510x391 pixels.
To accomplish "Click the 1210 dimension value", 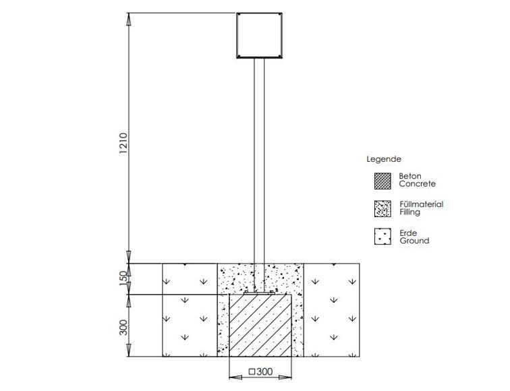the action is pyautogui.click(x=124, y=143).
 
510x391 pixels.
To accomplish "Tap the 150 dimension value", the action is pyautogui.click(x=124, y=278).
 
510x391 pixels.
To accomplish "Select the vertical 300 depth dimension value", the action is pyautogui.click(x=124, y=328).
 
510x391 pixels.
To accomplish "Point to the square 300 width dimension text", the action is pyautogui.click(x=261, y=371).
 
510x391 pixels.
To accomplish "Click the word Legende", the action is pyautogui.click(x=384, y=159).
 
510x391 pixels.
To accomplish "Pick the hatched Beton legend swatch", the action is pyautogui.click(x=382, y=181).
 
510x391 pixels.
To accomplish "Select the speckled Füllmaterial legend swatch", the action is pyautogui.click(x=382, y=209).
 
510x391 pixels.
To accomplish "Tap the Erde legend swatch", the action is pyautogui.click(x=382, y=237).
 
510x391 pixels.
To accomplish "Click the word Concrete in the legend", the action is pyautogui.click(x=418, y=184).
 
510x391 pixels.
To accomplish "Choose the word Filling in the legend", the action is pyautogui.click(x=410, y=212).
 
